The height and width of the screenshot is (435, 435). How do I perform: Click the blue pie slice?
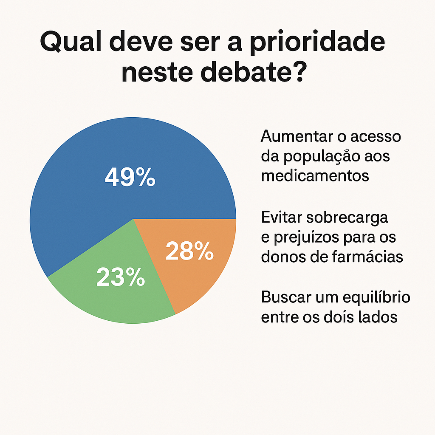(x=85, y=200)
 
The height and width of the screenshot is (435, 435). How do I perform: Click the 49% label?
(x=130, y=177)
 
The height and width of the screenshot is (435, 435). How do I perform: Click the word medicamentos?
(x=315, y=175)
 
